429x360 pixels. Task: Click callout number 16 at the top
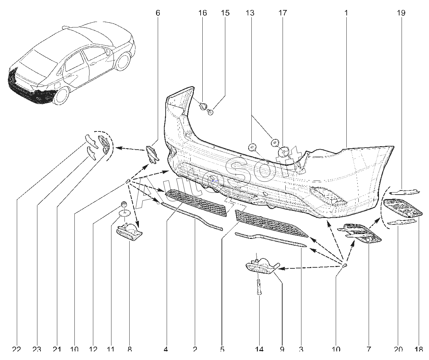(202, 13)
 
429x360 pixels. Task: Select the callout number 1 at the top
(346, 13)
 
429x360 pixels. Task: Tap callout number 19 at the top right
(401, 13)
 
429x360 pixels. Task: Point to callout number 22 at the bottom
(16, 349)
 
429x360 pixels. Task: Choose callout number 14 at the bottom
(259, 349)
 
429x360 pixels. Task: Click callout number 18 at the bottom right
(419, 349)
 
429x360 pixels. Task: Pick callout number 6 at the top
(158, 13)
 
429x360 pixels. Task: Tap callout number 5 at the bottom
(222, 349)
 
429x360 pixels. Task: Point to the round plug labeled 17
(284, 151)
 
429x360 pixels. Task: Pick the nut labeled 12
(123, 206)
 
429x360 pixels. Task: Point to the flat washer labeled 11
(124, 214)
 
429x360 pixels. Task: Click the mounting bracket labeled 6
(151, 153)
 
